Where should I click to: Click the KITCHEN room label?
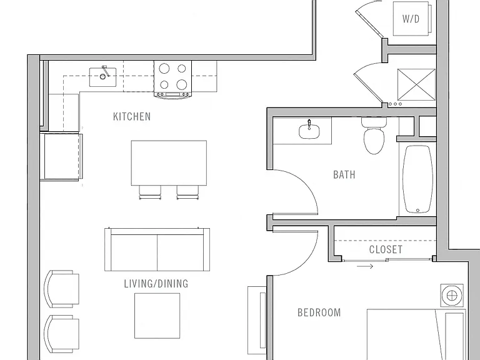click(x=132, y=117)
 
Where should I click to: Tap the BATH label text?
click(x=344, y=175)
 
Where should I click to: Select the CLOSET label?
click(x=386, y=249)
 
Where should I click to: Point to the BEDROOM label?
click(x=319, y=312)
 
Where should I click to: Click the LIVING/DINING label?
click(x=156, y=284)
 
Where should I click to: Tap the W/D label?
click(x=411, y=19)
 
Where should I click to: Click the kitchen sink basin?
click(x=103, y=77)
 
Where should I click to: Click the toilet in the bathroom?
click(x=374, y=136)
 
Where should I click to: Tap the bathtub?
click(x=417, y=179)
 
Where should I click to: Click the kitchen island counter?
click(x=169, y=163)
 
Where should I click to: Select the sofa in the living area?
click(x=157, y=249)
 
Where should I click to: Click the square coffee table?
click(x=157, y=316)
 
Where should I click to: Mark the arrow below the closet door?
click(x=365, y=266)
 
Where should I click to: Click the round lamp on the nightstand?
click(x=452, y=296)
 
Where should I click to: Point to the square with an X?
click(x=416, y=84)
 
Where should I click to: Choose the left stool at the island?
click(x=150, y=192)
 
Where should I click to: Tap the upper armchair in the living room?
click(x=61, y=289)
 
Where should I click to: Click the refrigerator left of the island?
click(x=61, y=156)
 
